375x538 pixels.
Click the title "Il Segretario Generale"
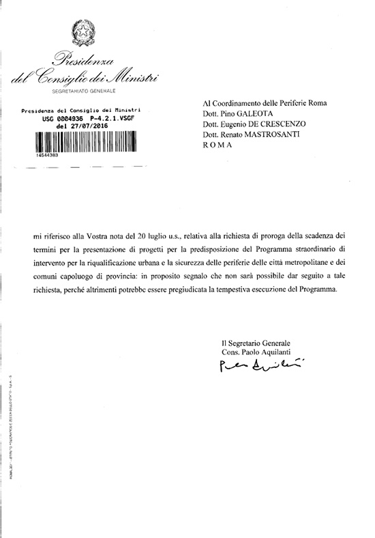click(255, 342)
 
